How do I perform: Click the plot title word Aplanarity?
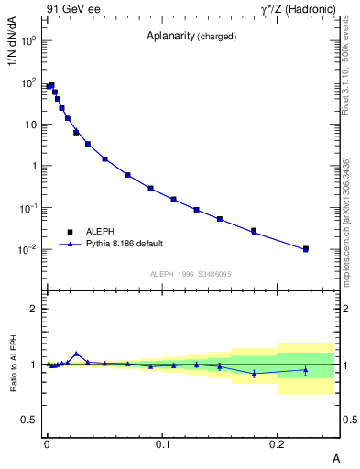[x=172, y=37]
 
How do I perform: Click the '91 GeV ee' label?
[x=70, y=9]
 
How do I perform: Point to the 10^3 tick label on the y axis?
[x=28, y=41]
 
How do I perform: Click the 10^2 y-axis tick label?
[x=28, y=83]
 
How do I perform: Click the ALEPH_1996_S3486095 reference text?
[x=190, y=275]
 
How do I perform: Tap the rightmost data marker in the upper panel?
[x=306, y=249]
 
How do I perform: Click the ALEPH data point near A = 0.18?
[x=254, y=231]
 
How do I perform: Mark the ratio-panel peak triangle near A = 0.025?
[x=76, y=354]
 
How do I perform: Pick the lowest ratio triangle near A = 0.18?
[x=254, y=373]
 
